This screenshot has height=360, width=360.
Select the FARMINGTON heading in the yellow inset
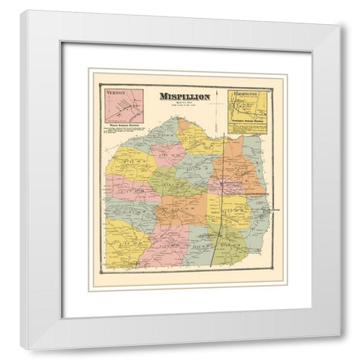[245, 94]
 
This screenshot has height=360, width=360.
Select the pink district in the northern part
[166, 154]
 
